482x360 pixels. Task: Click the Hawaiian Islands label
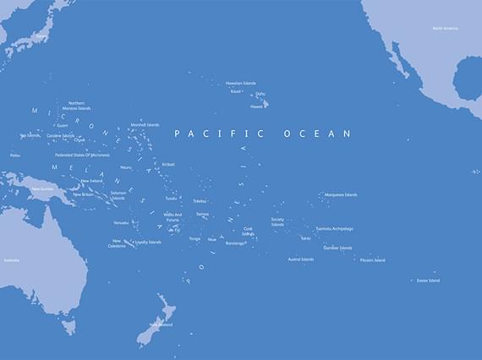[240, 83]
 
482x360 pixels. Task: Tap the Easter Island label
[428, 281]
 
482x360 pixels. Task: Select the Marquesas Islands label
[341, 194]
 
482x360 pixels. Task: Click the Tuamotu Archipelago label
[334, 228]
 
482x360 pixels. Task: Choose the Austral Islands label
[300, 259]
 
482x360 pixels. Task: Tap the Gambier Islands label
[337, 248]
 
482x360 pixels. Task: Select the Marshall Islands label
[145, 124]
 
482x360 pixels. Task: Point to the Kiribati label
[168, 164]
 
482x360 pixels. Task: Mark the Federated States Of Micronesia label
[82, 155]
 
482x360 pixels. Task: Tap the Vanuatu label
[121, 222]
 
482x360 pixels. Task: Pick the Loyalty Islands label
[148, 242]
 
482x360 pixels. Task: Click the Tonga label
[194, 238]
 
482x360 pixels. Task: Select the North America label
[446, 28]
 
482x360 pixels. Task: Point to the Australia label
[11, 259]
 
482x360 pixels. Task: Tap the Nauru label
[126, 167]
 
